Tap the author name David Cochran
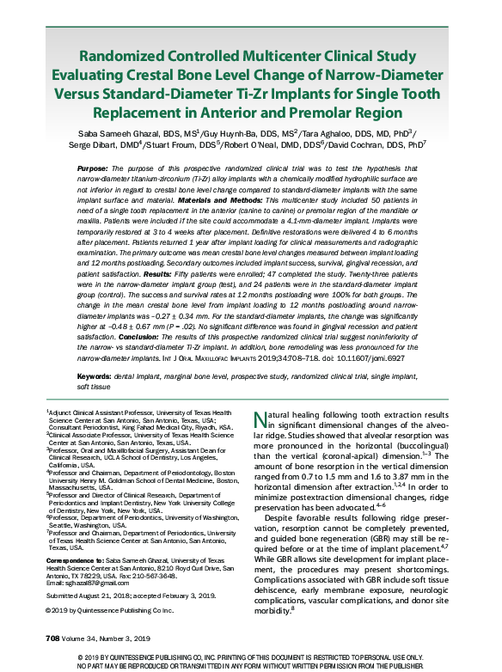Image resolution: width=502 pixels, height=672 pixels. (383, 145)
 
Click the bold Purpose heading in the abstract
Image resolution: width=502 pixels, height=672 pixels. (93, 168)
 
